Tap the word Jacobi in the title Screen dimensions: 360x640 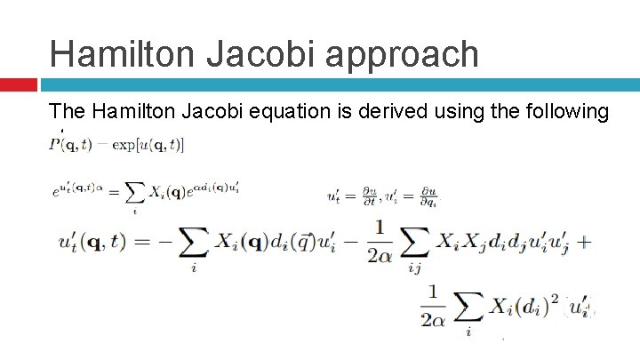[x=265, y=52]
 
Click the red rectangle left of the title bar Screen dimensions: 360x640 [x=18, y=84]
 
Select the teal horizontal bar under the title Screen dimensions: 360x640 [x=338, y=84]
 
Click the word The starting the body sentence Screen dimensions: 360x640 [x=67, y=112]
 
